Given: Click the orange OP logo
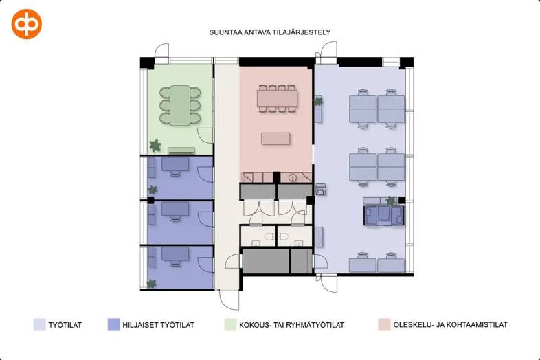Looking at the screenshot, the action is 27,24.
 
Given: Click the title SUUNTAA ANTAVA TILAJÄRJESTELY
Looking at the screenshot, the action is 269,32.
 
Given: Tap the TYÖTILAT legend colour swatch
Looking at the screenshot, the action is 39,324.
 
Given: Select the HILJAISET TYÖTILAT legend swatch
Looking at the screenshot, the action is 113,324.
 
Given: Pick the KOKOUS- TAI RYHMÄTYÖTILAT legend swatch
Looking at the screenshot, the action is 230,324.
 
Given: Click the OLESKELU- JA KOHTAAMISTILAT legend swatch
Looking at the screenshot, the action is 384,324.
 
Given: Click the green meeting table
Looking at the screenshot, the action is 180,105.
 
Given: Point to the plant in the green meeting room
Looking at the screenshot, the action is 155,146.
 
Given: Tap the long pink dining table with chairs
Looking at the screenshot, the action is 277,98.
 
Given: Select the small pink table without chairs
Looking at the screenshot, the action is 275,139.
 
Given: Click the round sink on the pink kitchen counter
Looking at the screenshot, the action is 293,177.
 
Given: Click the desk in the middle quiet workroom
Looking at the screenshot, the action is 175,209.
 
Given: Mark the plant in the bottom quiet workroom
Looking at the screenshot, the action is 152,284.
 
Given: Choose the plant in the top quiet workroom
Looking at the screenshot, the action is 153,190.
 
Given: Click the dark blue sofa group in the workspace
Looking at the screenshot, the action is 384,216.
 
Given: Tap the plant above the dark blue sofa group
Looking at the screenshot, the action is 390,201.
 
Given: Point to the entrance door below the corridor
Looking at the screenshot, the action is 229,300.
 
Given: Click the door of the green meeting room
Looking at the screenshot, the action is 206,135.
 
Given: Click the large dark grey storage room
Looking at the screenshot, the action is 265,261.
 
